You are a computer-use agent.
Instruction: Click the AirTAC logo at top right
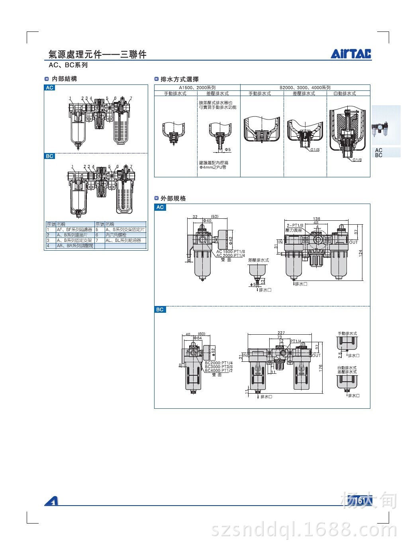point(350,54)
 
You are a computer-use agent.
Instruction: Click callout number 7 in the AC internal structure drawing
point(131,98)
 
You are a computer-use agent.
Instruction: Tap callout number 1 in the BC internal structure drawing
point(72,167)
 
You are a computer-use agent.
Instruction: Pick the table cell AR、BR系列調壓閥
point(74,246)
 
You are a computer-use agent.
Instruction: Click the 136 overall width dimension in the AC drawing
point(317,219)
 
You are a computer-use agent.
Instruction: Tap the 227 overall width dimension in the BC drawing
point(281,333)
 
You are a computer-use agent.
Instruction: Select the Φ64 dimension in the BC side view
point(197,338)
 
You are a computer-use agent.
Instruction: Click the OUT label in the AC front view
point(353,242)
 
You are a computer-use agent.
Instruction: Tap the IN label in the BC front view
point(245,355)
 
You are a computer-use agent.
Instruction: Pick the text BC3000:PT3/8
point(219,367)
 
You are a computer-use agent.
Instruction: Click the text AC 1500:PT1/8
point(231,252)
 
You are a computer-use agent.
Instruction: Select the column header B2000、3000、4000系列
point(305,87)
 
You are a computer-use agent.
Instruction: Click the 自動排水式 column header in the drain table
point(345,93)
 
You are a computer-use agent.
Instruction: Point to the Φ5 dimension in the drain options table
point(228,149)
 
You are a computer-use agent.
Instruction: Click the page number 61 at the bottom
point(362,500)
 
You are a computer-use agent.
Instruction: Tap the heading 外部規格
point(173,198)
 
